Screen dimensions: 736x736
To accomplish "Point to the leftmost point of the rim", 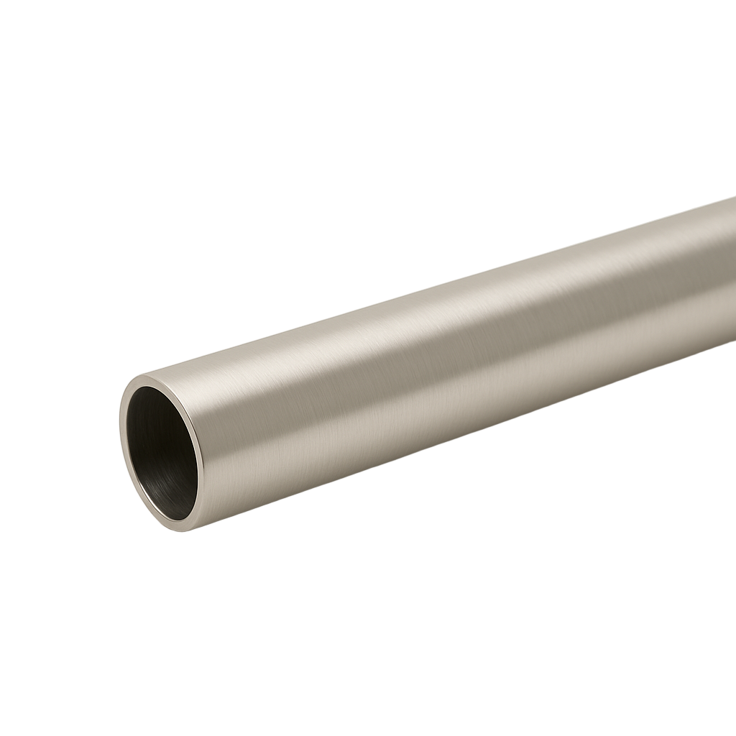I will tap(120, 431).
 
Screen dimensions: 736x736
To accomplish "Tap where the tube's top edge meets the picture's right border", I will tap(735, 198).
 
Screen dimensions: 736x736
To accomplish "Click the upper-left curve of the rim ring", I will tap(131, 392).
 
